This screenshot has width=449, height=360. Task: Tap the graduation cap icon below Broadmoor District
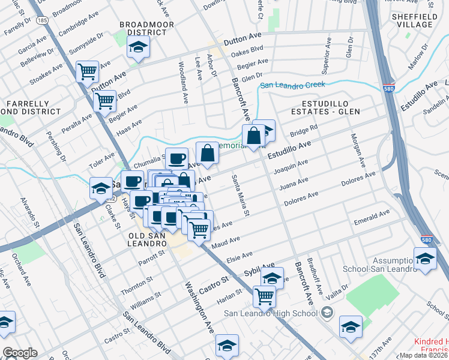pos(139,48)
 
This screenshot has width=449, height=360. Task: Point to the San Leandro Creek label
pos(291,86)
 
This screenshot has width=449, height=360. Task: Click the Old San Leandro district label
pos(147,239)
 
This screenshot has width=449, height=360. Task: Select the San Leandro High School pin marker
pos(327,313)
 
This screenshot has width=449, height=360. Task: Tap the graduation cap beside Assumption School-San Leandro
pos(425,259)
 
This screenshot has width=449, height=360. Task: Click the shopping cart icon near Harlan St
pos(264,295)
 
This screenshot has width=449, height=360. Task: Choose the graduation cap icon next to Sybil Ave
pos(272,278)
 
